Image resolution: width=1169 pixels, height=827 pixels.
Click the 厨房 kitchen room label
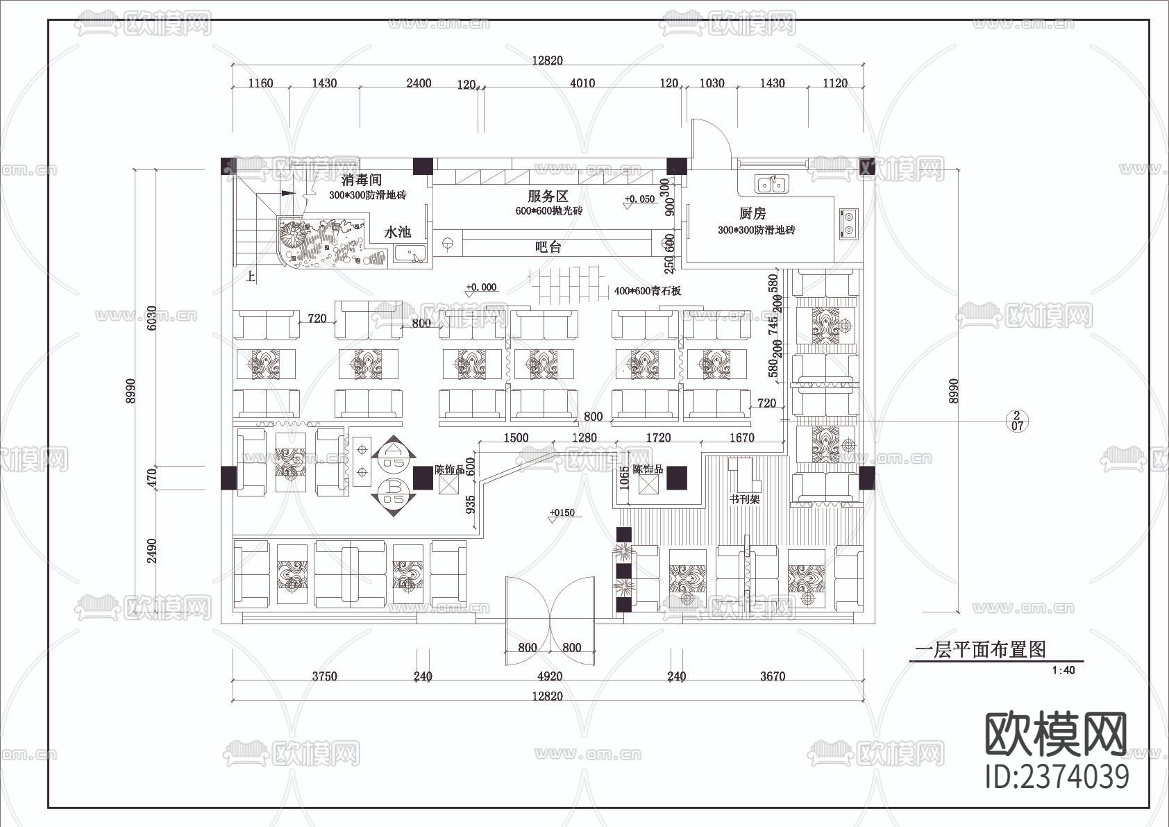click(x=752, y=214)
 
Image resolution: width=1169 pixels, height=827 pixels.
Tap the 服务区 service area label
click(x=548, y=197)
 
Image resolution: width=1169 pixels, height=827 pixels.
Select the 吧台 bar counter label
click(x=548, y=247)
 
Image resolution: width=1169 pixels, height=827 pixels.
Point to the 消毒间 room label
click(x=362, y=181)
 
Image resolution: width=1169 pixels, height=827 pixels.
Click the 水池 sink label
click(x=398, y=232)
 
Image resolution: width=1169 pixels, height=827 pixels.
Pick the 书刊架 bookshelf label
click(x=744, y=499)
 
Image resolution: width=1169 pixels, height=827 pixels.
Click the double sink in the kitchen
click(x=772, y=184)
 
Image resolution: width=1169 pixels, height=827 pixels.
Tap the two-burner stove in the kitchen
click(x=848, y=224)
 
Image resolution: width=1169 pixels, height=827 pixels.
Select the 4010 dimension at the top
click(x=582, y=83)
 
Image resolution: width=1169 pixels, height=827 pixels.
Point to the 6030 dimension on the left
click(x=152, y=317)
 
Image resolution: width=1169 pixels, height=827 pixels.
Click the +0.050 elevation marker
click(x=639, y=199)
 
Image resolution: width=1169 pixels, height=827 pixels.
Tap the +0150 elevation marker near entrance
click(x=562, y=513)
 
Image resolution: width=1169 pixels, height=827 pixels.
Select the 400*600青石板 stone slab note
click(x=647, y=291)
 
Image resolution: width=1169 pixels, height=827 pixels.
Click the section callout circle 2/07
click(x=1017, y=421)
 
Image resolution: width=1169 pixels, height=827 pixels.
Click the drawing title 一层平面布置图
click(x=979, y=650)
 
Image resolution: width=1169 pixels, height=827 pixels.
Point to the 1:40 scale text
click(x=1063, y=671)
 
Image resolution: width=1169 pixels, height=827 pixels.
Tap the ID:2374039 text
click(x=1057, y=776)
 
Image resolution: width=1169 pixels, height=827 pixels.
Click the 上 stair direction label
click(x=251, y=277)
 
